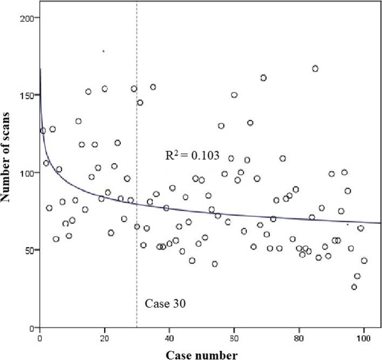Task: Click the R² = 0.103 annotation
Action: pos(192,156)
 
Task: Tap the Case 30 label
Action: pos(165,303)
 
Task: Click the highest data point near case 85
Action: pos(315,69)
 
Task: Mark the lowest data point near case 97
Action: pos(354,287)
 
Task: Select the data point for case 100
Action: pos(364,261)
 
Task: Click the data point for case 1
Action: pos(43,131)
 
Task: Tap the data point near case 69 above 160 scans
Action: pos(263,78)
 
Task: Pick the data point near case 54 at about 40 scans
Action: pos(215,264)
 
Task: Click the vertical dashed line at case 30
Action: pos(137,216)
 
